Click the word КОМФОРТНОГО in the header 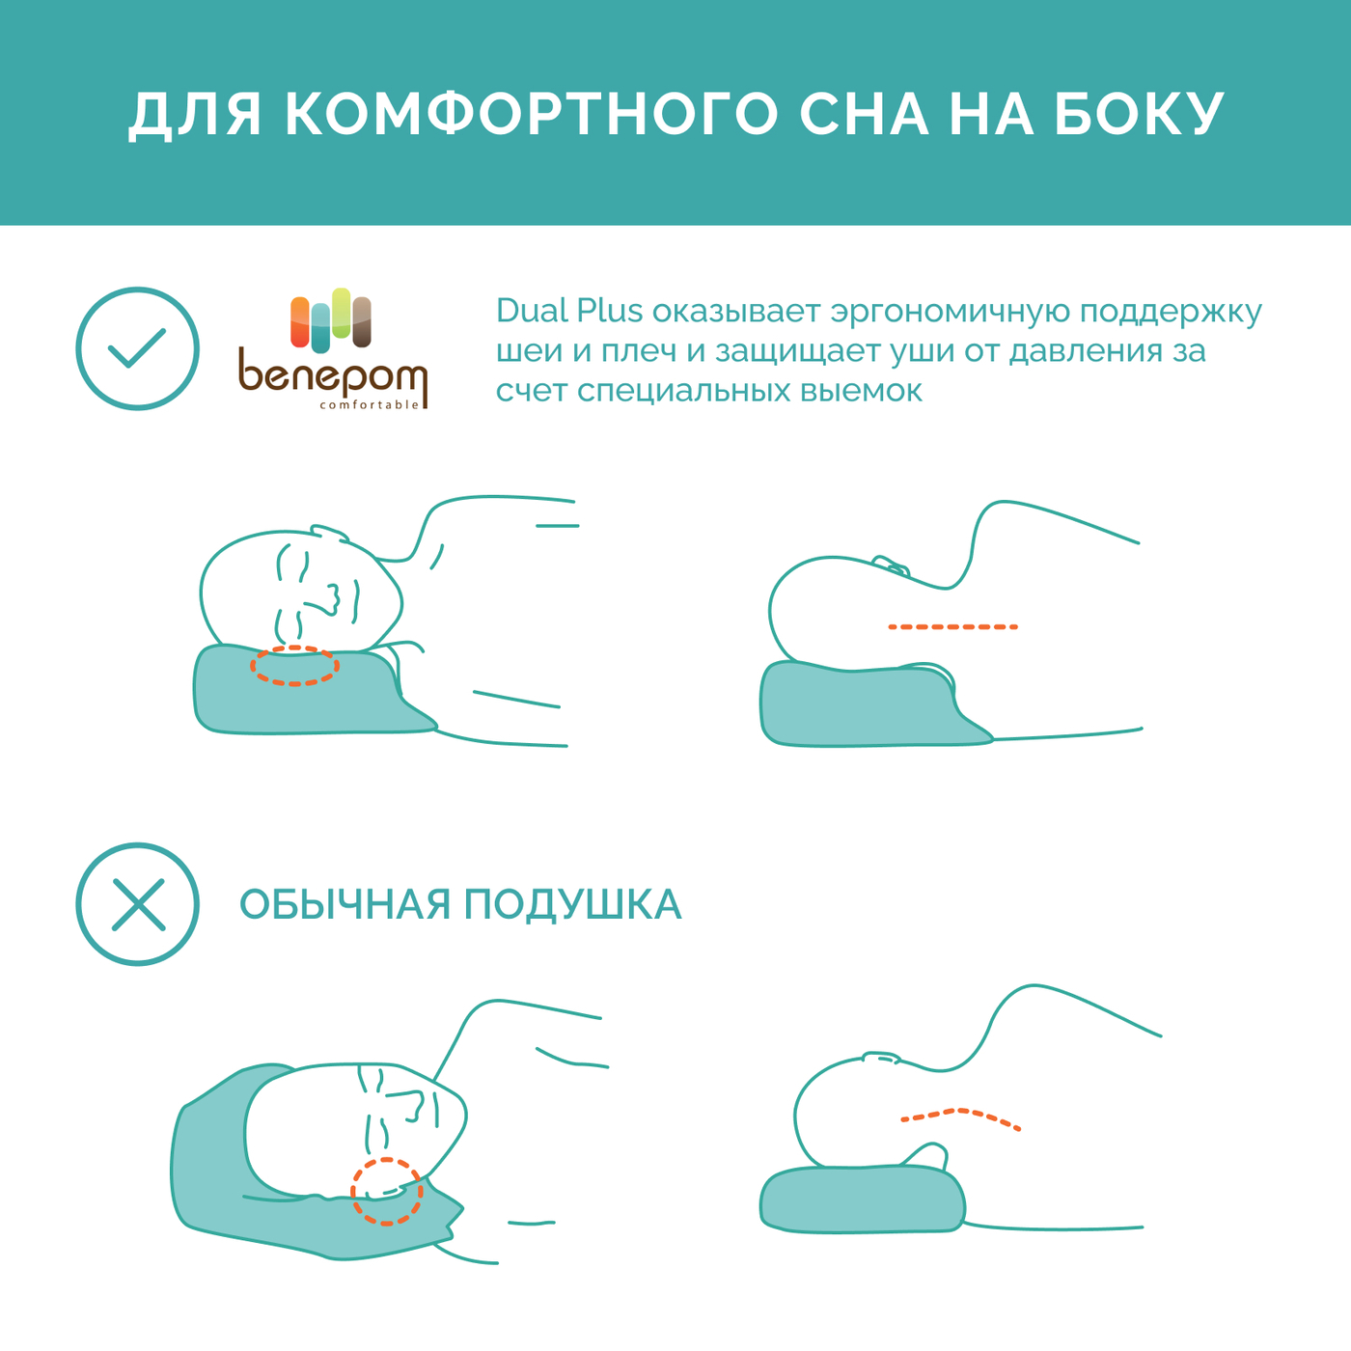pyautogui.click(x=532, y=114)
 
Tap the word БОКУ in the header pyautogui.click(x=1140, y=114)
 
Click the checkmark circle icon pyautogui.click(x=137, y=348)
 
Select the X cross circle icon pyautogui.click(x=137, y=903)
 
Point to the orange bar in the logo pyautogui.click(x=300, y=322)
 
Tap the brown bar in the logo pyautogui.click(x=361, y=322)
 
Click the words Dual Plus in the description pyautogui.click(x=568, y=311)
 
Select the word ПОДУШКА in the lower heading pyautogui.click(x=573, y=904)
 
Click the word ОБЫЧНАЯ pyautogui.click(x=345, y=904)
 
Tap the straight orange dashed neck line pyautogui.click(x=952, y=627)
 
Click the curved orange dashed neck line pyautogui.click(x=960, y=1111)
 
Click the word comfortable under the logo pyautogui.click(x=370, y=404)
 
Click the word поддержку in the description pyautogui.click(x=1171, y=312)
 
